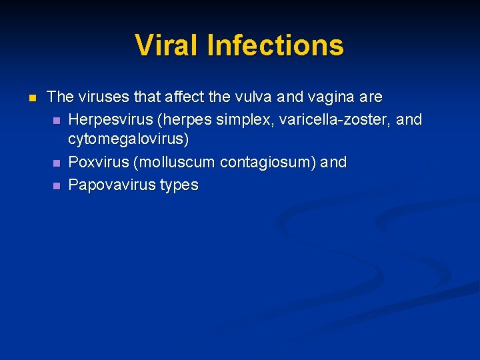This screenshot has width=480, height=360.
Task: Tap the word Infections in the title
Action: coord(275,45)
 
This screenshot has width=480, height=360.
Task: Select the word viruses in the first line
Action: coord(103,97)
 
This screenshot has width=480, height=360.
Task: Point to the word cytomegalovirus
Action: coord(129,141)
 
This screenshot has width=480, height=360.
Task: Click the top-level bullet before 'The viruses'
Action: coord(31,98)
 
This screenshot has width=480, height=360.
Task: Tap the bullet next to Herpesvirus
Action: coord(57,120)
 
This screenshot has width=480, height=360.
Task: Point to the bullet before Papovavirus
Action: coord(57,185)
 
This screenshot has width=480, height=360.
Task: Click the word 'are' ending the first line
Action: coord(371,97)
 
